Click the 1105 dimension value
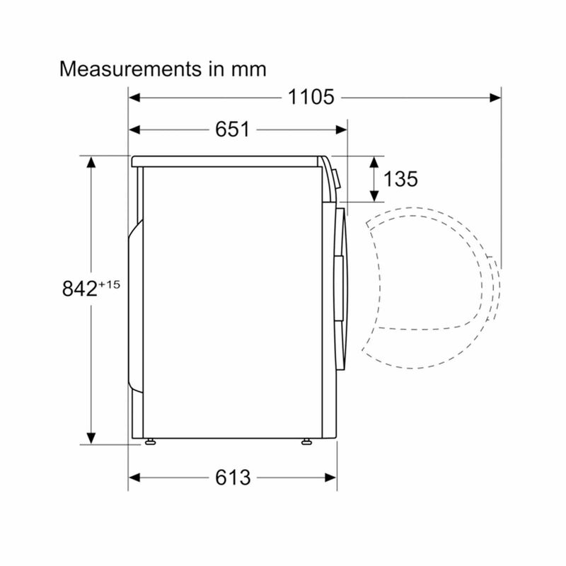point(311,97)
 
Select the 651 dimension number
point(232,129)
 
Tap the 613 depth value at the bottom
point(233,478)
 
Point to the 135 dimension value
point(400,179)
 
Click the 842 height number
point(79,289)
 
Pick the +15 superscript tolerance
point(109,284)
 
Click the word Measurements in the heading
point(130,69)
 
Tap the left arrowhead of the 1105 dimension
point(134,98)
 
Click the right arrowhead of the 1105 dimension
point(495,98)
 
